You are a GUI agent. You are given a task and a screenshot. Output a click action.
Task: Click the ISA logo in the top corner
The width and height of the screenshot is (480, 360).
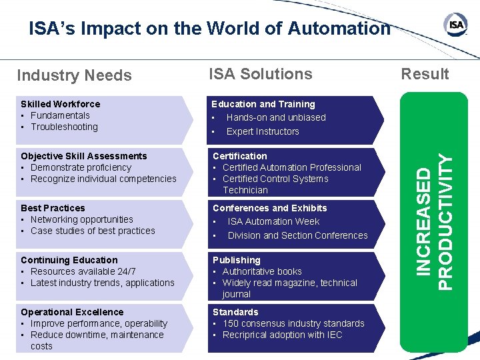point(456,25)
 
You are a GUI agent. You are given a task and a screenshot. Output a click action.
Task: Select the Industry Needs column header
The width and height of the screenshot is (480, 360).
point(74,75)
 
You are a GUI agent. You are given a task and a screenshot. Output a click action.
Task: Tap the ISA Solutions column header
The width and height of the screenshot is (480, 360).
point(260,74)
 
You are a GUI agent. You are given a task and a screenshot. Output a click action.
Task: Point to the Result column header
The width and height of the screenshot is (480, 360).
point(425,74)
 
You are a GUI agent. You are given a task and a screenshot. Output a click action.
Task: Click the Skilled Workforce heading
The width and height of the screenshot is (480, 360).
point(61,104)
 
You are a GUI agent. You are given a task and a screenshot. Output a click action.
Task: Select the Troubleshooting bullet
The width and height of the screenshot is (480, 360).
point(64,127)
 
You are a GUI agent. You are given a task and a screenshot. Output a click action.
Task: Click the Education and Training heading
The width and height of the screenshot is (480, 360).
point(263,104)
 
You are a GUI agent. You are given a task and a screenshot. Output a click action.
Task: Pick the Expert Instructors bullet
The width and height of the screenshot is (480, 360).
point(263,131)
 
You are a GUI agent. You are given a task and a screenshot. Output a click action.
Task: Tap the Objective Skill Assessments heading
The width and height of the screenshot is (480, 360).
point(84,156)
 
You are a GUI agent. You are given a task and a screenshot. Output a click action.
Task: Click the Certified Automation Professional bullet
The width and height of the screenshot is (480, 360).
point(291,167)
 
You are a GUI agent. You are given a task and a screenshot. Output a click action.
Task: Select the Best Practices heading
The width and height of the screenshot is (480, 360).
point(53,208)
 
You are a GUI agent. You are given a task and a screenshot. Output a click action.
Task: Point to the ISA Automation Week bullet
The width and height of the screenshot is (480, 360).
point(273,221)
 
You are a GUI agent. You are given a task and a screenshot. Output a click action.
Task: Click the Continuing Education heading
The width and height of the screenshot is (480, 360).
point(69,260)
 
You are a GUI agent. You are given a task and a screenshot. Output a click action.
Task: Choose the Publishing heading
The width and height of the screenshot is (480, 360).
point(237,260)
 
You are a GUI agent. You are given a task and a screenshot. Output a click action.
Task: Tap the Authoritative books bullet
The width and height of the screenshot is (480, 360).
point(262,271)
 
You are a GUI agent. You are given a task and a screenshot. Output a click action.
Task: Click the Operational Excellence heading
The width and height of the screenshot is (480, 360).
point(72,312)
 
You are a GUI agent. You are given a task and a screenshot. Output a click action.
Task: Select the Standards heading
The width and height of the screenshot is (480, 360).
point(235,312)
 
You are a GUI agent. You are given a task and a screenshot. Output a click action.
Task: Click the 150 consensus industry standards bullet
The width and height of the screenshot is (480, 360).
point(293,323)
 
